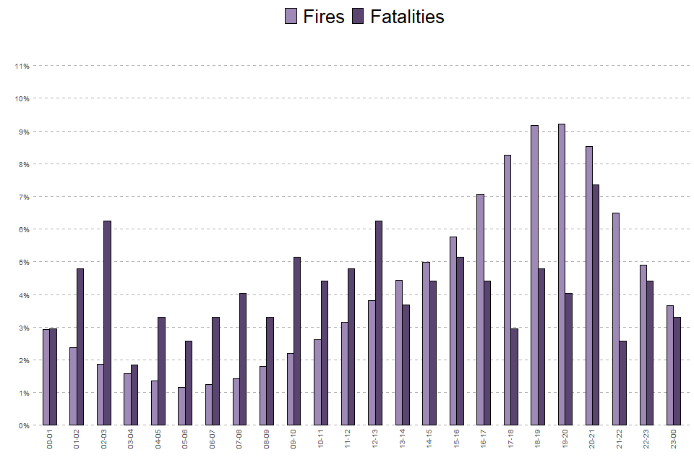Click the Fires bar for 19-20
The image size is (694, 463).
562,275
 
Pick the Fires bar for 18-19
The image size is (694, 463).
534,276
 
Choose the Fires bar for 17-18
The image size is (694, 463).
507,290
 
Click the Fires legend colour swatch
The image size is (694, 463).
291,17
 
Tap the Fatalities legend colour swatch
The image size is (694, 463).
358,17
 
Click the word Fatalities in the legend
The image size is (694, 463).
407,17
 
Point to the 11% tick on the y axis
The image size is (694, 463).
22,67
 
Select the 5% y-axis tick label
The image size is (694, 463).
23,263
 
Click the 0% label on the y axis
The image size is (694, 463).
23,426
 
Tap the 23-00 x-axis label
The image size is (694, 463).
673,439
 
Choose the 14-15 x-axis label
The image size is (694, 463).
429,439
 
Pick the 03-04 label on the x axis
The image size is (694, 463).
131,439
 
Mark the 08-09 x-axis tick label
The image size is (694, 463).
266,439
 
